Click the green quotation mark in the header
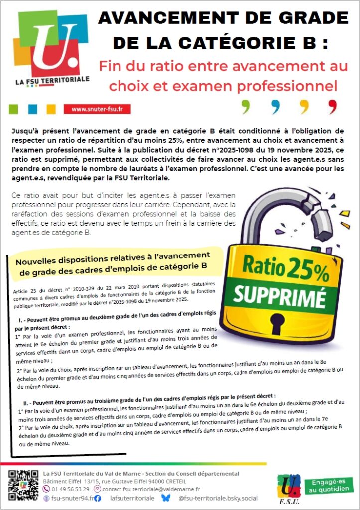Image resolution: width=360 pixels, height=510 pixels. pos(245,106)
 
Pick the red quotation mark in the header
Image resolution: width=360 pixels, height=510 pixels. pos(332,106)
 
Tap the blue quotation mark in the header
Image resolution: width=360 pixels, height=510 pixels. pos(275,106)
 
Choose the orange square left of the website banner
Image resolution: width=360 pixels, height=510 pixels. pos(51,109)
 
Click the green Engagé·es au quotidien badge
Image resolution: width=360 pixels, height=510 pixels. pos(329,486)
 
